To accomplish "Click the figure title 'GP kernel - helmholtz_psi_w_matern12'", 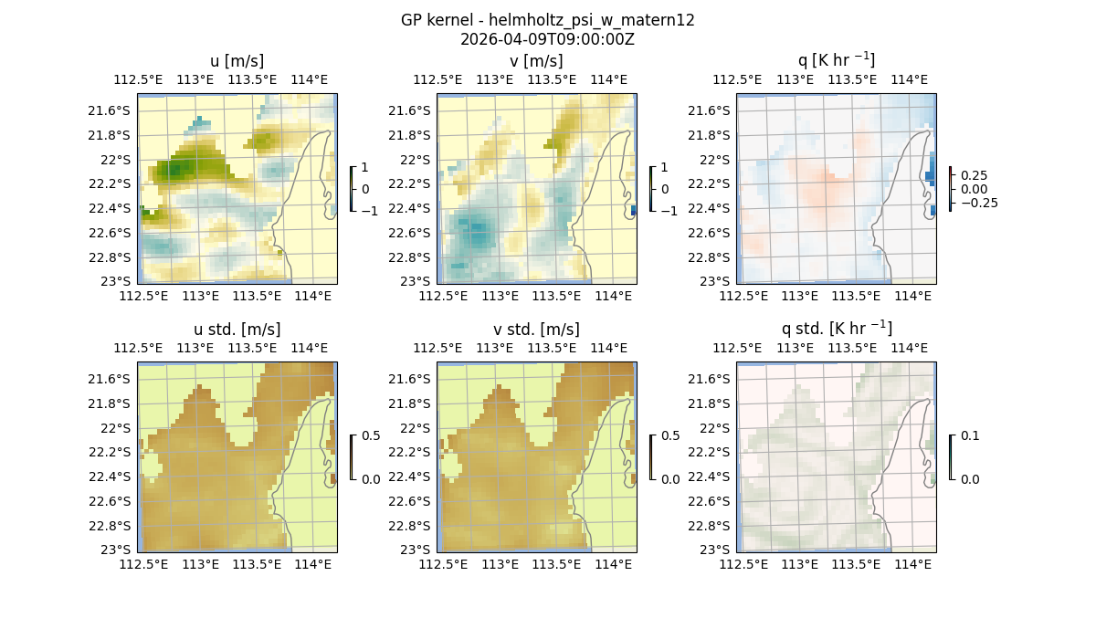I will pos(547,20).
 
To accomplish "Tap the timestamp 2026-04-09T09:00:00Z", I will pos(547,39).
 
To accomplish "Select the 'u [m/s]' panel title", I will pos(237,61).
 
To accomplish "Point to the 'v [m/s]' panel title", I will pos(536,61).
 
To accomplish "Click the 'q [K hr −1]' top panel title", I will pos(836,60).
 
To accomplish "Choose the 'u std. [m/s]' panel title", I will pos(237,330).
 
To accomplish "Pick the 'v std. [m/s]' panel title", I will pos(536,330).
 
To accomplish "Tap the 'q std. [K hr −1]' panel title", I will pos(836,329).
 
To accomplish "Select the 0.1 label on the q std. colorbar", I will pos(969,436).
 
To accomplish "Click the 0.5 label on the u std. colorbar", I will pos(370,436).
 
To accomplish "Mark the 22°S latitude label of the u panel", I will pos(117,160).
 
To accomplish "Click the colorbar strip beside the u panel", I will pos(352,189).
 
